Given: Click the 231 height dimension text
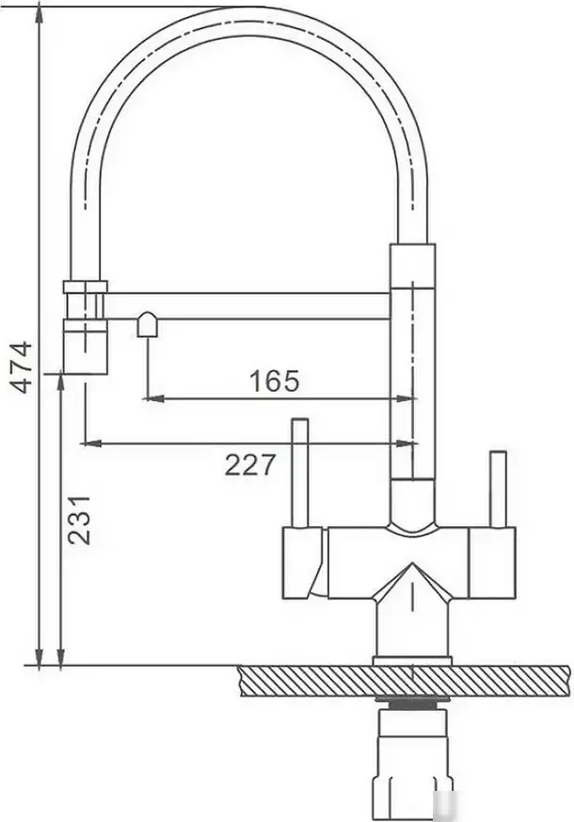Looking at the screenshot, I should pos(81,518).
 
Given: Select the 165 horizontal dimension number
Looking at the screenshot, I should pos(274,381).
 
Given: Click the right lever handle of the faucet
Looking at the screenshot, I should pos(498,489).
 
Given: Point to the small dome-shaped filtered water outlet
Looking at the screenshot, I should pos(148,325).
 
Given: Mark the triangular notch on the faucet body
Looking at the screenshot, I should pos(411,584).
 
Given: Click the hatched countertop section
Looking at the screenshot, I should pos(405,680).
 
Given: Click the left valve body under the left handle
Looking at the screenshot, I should pos(304,562).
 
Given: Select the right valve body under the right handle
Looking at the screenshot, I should pos(492,562).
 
